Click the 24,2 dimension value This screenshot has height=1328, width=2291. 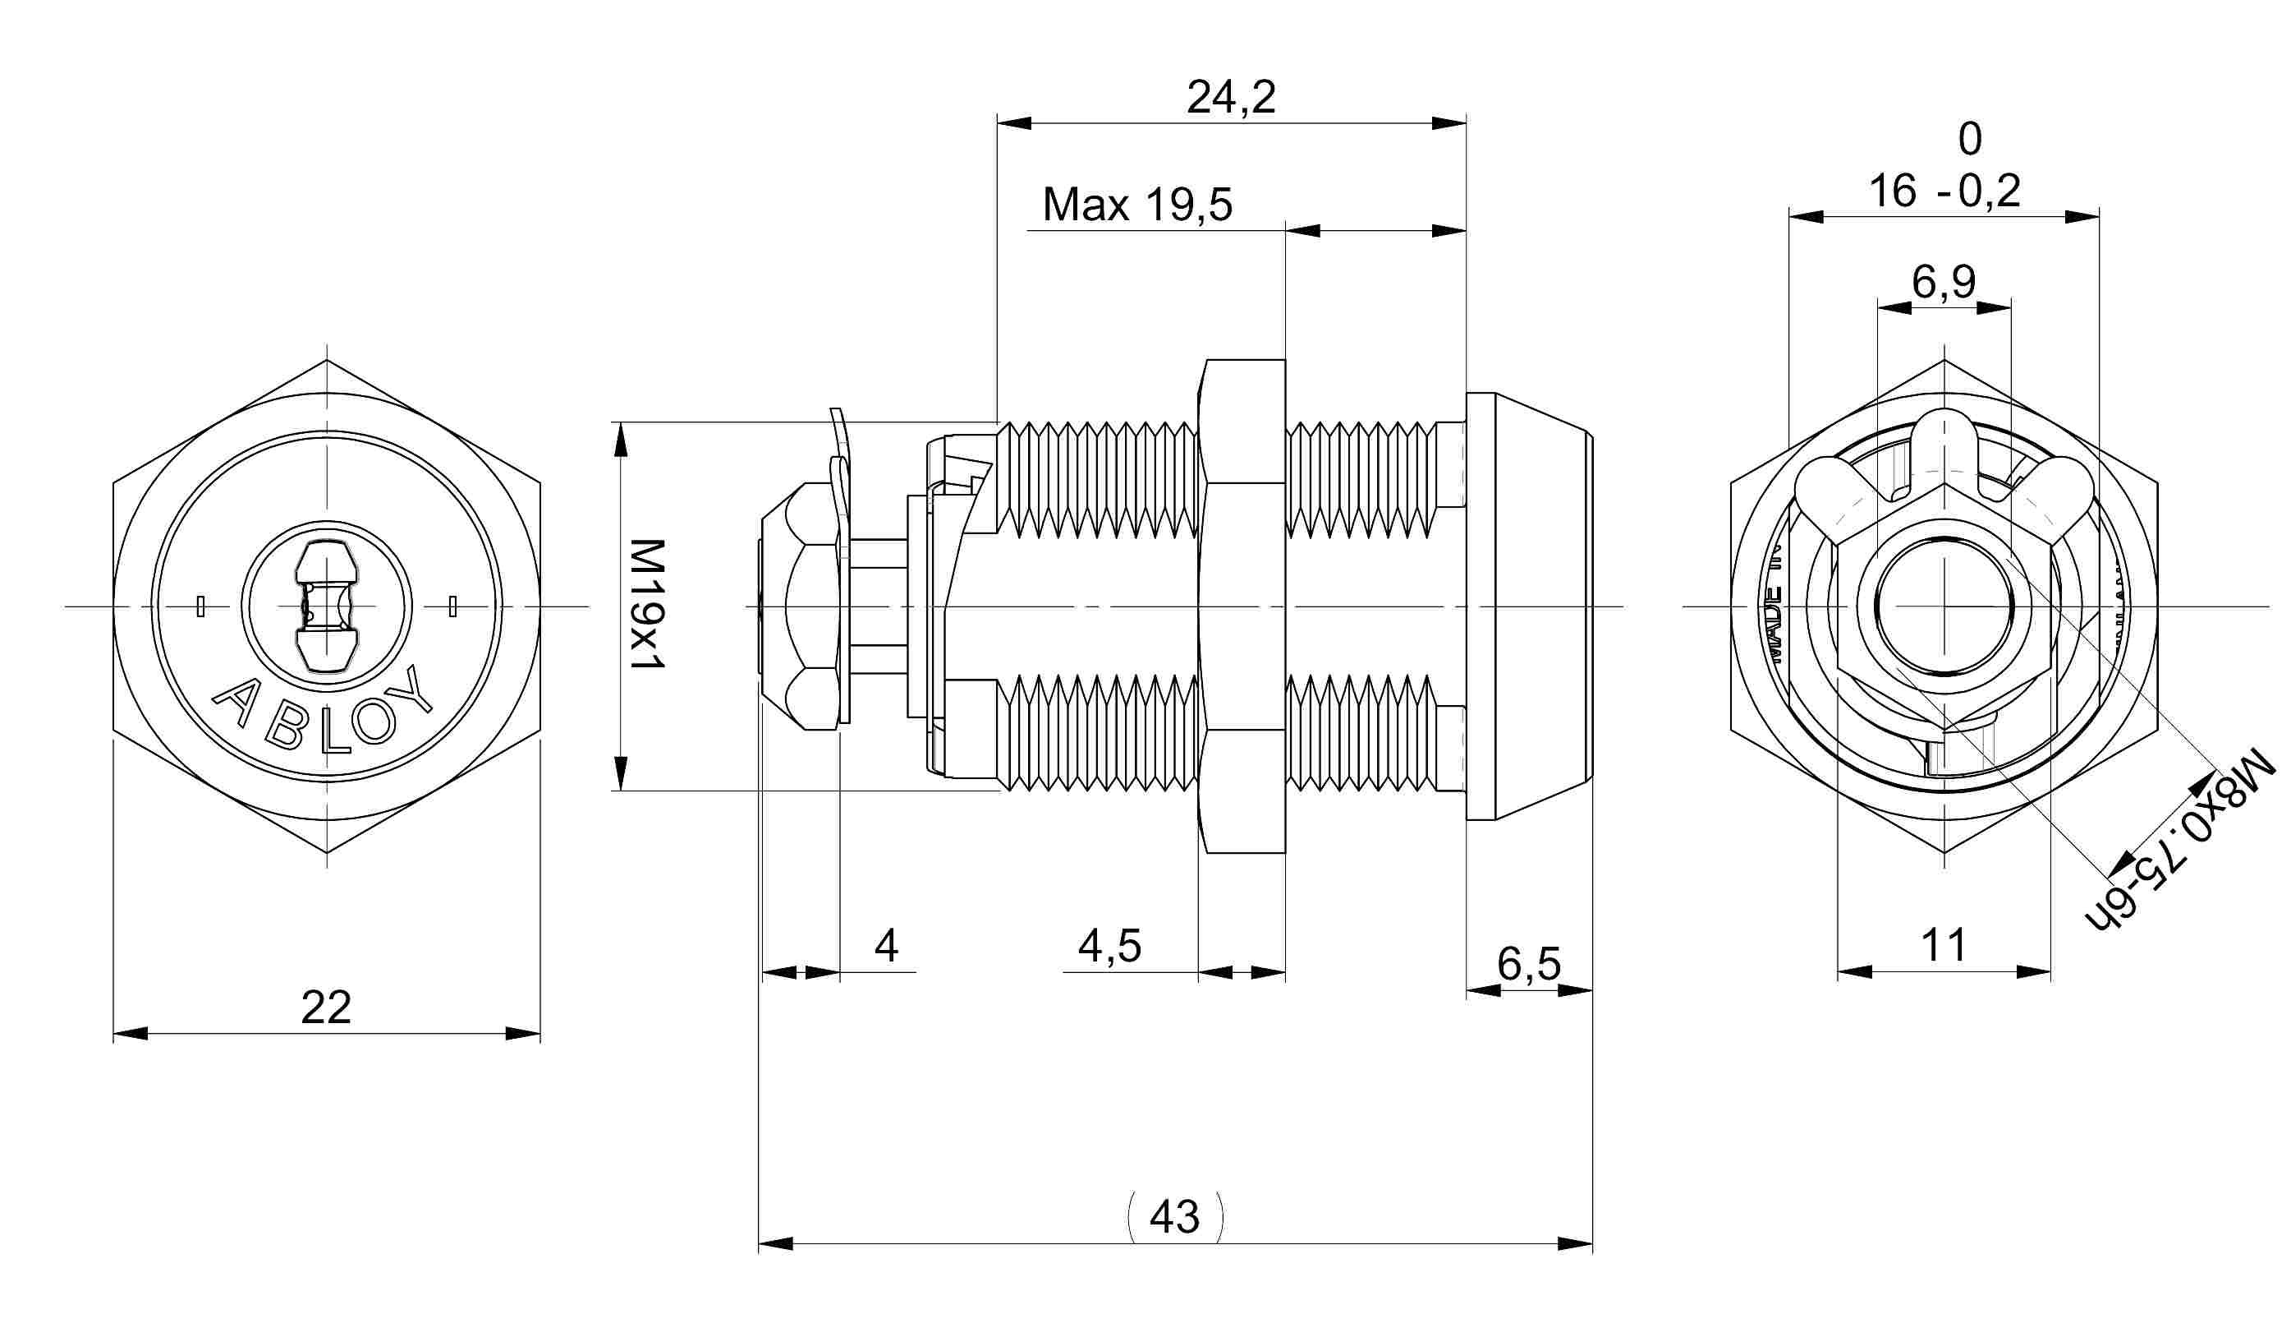click(x=1231, y=97)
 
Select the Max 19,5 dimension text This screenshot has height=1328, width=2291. click(x=1137, y=205)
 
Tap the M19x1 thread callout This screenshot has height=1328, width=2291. click(x=648, y=604)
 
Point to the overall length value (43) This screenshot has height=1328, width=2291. click(x=1174, y=1216)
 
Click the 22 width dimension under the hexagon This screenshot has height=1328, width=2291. click(x=325, y=1007)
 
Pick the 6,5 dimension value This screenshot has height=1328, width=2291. click(x=1528, y=963)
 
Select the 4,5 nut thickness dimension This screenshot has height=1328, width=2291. click(x=1109, y=946)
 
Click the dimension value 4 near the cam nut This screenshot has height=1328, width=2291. click(x=886, y=946)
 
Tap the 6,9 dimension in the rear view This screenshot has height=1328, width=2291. click(x=1944, y=282)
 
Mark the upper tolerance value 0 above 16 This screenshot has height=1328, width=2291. click(x=1969, y=139)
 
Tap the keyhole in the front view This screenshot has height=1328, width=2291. click(x=325, y=606)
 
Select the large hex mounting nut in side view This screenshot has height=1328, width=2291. click(x=1242, y=606)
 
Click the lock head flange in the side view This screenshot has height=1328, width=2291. click(x=1527, y=606)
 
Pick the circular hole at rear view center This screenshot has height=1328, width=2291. click(x=1944, y=606)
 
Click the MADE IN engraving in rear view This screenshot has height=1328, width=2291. click(x=1774, y=619)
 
